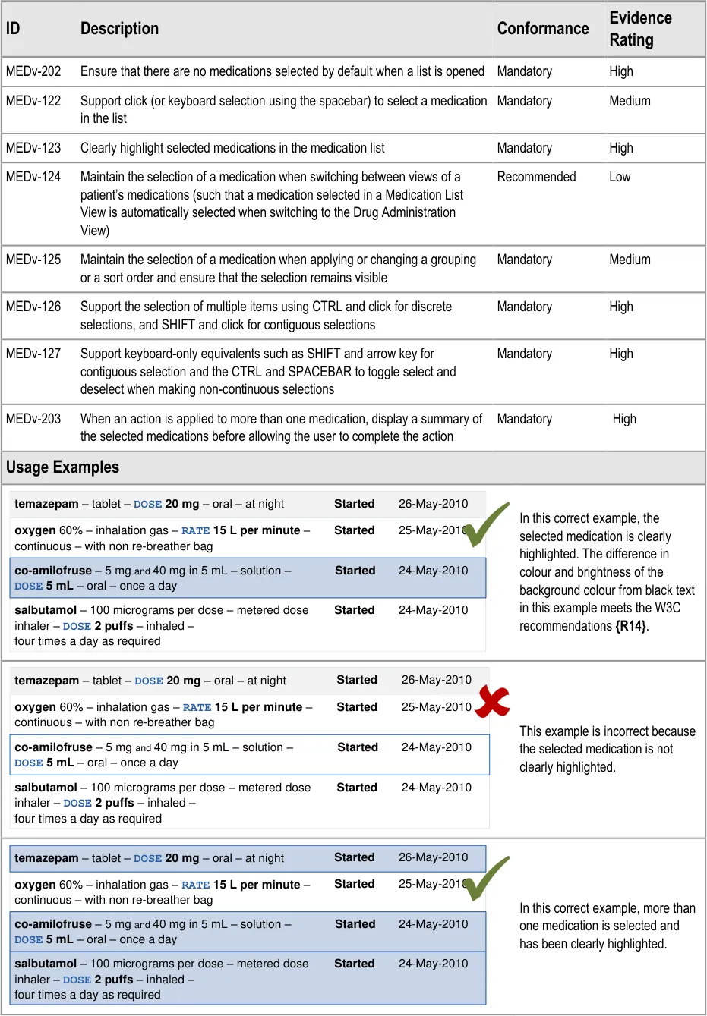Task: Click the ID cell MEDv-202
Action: [x=33, y=71]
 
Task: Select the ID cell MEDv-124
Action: [x=33, y=177]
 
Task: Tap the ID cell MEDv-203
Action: [x=33, y=419]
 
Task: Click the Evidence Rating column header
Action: [x=640, y=29]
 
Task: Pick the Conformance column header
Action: [x=543, y=29]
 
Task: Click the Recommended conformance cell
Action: [x=536, y=177]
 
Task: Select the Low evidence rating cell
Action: [x=620, y=177]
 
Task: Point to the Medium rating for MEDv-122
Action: [x=630, y=101]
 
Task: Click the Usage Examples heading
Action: [x=62, y=467]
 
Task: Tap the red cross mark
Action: [x=494, y=701]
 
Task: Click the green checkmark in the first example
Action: [x=486, y=524]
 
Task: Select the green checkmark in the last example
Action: [x=486, y=878]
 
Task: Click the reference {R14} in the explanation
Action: [x=631, y=626]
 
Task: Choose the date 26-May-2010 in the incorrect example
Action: [x=436, y=680]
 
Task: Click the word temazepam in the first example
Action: [x=46, y=504]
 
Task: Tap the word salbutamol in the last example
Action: [x=46, y=964]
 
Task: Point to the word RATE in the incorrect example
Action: [x=197, y=708]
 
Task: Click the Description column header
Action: [x=119, y=29]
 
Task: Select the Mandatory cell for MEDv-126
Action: [x=524, y=307]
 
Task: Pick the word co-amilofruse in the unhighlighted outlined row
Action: [x=53, y=747]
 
